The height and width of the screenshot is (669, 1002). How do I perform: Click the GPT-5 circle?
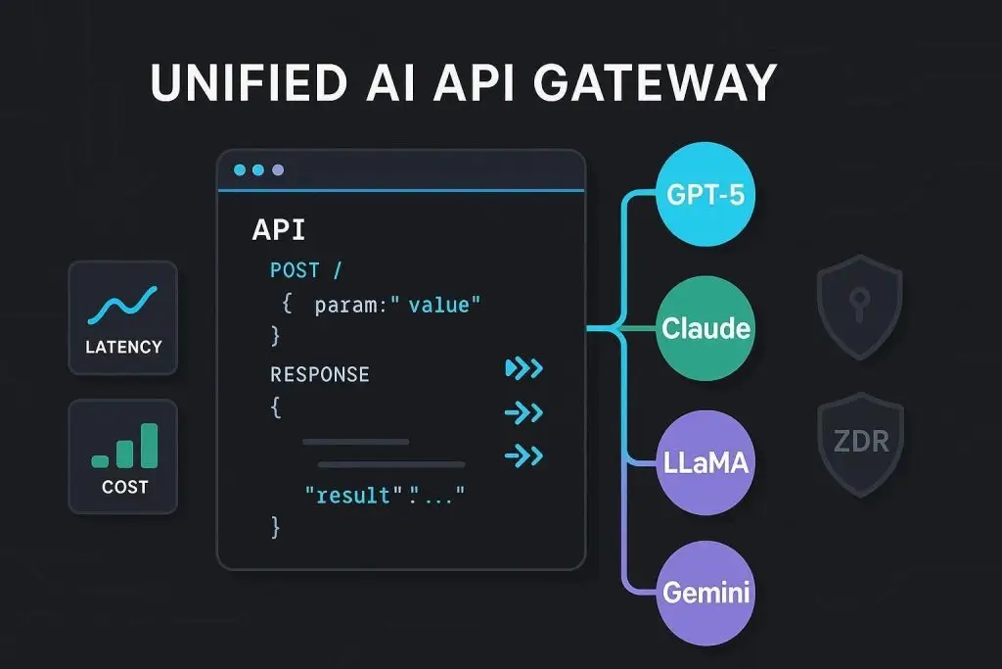706,194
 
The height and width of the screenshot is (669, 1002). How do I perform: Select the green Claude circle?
706,328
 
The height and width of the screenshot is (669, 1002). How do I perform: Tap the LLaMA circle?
706,460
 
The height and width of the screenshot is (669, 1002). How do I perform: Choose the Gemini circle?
706,592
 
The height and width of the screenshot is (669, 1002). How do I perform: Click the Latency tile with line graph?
123,317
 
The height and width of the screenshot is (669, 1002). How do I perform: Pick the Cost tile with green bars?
123,455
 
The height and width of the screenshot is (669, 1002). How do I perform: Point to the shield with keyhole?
859,308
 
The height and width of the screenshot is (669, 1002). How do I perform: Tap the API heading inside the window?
279,230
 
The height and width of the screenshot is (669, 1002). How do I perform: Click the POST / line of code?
305,270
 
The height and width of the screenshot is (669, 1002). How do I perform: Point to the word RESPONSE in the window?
320,374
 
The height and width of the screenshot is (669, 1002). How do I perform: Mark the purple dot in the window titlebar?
278,170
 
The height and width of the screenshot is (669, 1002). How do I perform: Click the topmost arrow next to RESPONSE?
524,368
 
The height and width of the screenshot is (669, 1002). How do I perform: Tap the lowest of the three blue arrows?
524,455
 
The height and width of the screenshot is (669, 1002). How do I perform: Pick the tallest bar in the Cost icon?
149,445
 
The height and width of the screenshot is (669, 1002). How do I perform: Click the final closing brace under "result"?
276,529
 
